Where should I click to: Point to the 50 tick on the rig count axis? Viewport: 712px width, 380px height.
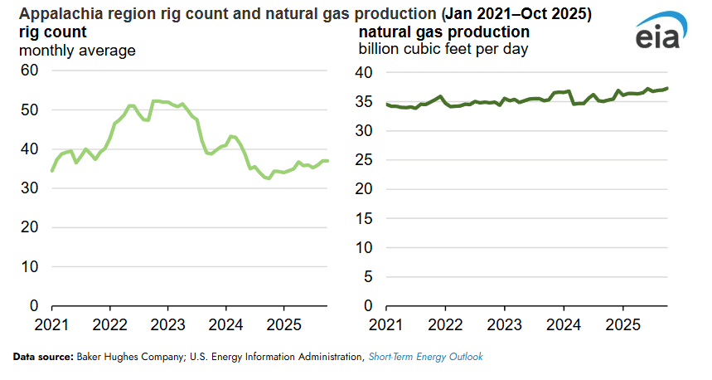click(x=29, y=110)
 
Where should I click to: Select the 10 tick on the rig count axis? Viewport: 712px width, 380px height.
click(x=29, y=266)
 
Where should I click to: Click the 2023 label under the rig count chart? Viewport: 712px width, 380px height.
click(x=168, y=323)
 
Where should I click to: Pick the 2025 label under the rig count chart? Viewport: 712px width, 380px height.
click(x=285, y=323)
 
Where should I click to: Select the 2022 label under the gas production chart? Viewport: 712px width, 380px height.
click(x=445, y=323)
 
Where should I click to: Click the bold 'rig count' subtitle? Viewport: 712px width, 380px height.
click(x=53, y=32)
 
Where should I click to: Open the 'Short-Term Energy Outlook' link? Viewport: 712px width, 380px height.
click(x=425, y=357)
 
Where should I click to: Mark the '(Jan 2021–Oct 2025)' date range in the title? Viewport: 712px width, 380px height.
click(x=508, y=14)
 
